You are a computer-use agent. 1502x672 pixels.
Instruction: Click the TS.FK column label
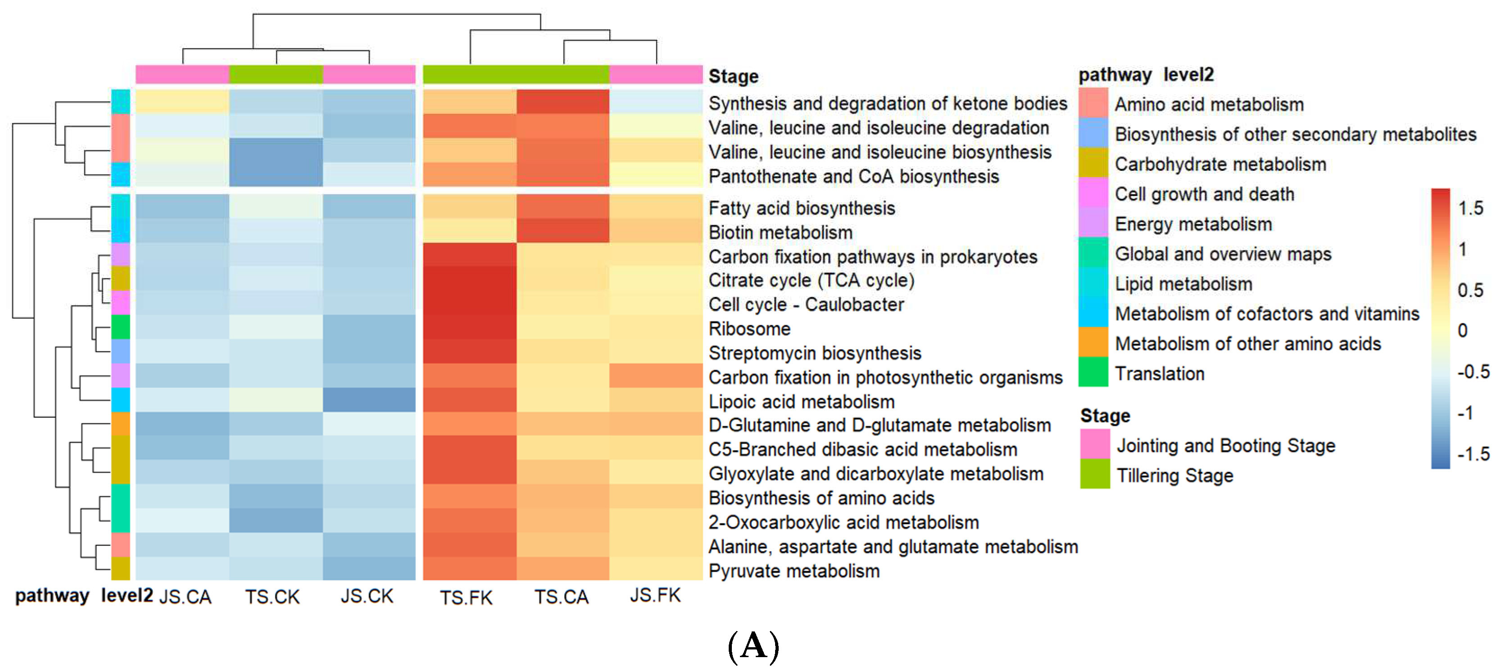[x=466, y=597]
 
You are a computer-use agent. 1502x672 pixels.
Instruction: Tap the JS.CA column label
[x=185, y=597]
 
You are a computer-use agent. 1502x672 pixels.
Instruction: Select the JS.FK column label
[x=655, y=595]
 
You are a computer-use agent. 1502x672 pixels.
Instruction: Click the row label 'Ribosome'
[x=749, y=329]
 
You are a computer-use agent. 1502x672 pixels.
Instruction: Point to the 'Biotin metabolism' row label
[x=780, y=233]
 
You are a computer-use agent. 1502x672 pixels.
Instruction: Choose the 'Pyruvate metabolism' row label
[x=794, y=571]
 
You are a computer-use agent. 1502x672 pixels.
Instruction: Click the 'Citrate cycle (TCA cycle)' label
[x=811, y=281]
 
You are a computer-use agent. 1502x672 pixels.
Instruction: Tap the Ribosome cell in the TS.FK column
[x=469, y=328]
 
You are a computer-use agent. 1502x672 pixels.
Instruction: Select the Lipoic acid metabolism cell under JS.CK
[x=369, y=400]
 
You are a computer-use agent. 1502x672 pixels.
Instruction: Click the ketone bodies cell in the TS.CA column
[x=563, y=101]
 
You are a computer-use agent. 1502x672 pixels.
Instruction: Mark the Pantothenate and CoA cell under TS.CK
[x=276, y=174]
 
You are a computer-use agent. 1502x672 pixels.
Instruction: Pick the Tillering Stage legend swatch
[x=1094, y=474]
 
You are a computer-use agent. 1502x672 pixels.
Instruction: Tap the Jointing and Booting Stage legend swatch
[x=1094, y=444]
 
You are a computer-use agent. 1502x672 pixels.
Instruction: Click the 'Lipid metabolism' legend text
[x=1183, y=284]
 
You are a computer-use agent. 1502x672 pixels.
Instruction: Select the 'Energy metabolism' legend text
[x=1193, y=224]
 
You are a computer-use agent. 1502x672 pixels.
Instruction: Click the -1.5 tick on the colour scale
[x=1473, y=454]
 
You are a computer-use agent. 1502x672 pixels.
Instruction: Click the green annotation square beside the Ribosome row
[x=121, y=327]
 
